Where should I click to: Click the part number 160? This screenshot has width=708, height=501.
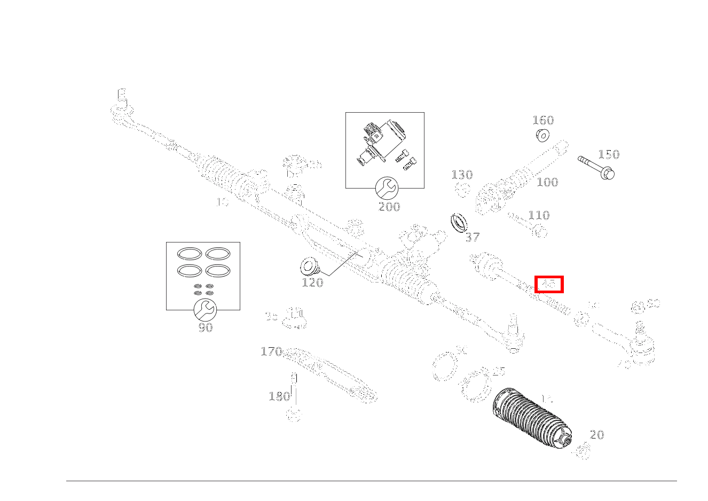point(543,120)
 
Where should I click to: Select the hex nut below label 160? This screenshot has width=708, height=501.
point(543,135)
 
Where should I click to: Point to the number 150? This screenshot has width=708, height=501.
point(608,154)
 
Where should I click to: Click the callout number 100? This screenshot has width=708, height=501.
point(547,182)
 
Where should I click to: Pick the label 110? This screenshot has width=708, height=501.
point(539,215)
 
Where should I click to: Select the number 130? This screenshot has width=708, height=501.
point(462,175)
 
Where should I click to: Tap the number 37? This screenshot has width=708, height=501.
point(473,237)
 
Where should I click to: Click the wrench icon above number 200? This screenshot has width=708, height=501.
point(386,188)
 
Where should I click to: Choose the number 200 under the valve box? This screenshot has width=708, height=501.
point(389,207)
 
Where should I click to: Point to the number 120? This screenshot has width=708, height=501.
point(312,283)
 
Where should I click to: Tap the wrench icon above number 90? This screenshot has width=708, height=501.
point(203,310)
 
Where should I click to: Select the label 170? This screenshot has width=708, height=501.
point(271,351)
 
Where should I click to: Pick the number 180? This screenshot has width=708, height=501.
point(279,396)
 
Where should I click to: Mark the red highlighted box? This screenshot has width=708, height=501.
point(549,285)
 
